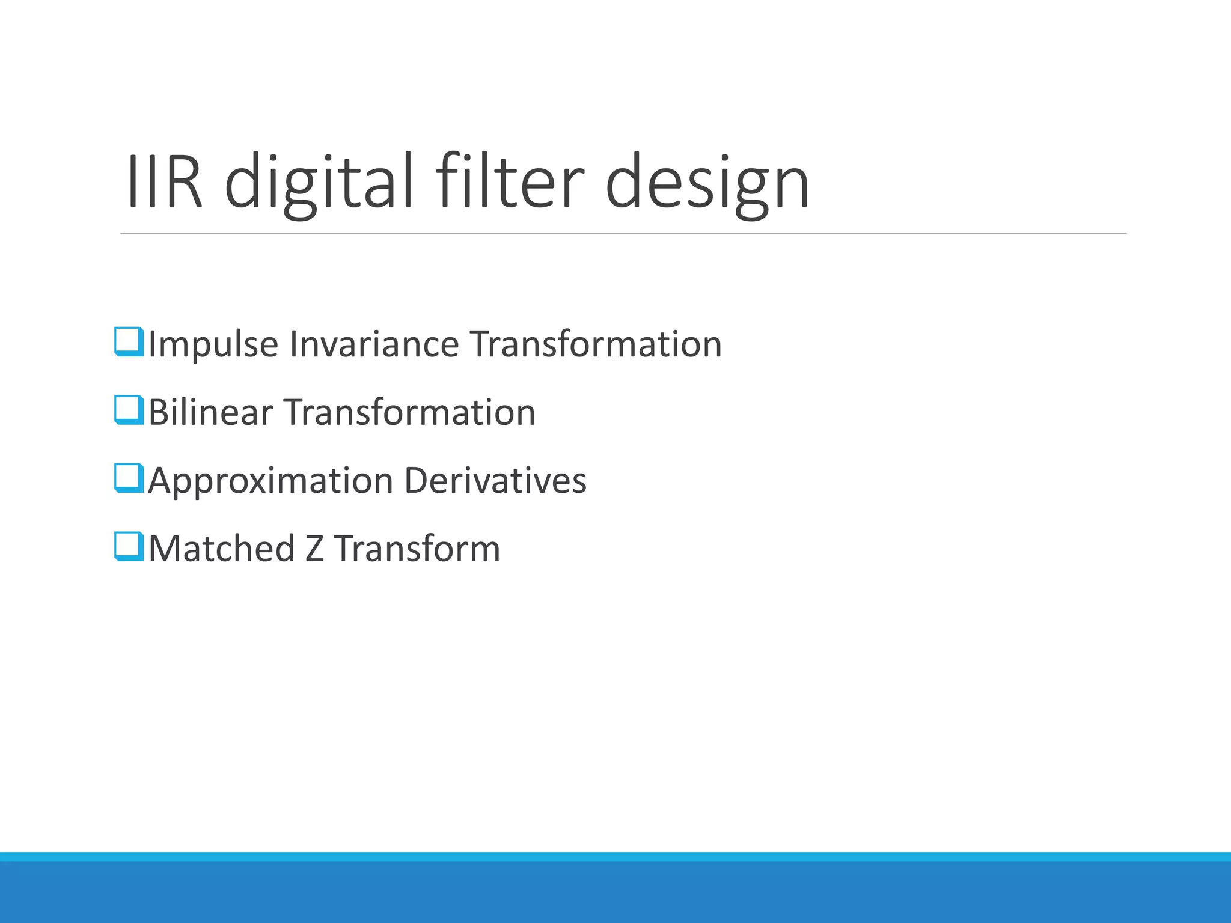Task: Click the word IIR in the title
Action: (x=163, y=182)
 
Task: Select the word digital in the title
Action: (x=319, y=182)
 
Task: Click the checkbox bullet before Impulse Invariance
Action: (x=129, y=341)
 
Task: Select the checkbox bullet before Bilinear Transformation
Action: (x=129, y=410)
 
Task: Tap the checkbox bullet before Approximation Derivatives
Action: (x=129, y=478)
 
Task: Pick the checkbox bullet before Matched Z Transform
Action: (x=129, y=546)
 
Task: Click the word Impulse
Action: (x=213, y=345)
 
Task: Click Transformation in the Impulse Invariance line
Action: (x=596, y=344)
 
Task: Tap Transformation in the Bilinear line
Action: (x=409, y=413)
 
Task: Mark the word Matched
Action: (x=221, y=549)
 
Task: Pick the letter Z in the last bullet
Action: (x=314, y=549)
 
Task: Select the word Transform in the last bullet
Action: (x=417, y=549)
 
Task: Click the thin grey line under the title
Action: (x=623, y=234)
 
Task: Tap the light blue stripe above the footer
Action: (x=615, y=856)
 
